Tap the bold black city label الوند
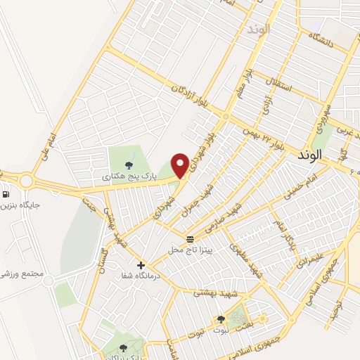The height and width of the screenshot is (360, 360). pyautogui.click(x=309, y=154)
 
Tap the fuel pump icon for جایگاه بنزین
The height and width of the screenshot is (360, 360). pyautogui.click(x=6, y=195)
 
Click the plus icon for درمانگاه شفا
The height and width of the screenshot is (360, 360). pyautogui.click(x=141, y=265)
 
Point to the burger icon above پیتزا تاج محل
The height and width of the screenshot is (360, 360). pyautogui.click(x=189, y=239)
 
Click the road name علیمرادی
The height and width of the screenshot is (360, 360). pyautogui.click(x=312, y=259)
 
